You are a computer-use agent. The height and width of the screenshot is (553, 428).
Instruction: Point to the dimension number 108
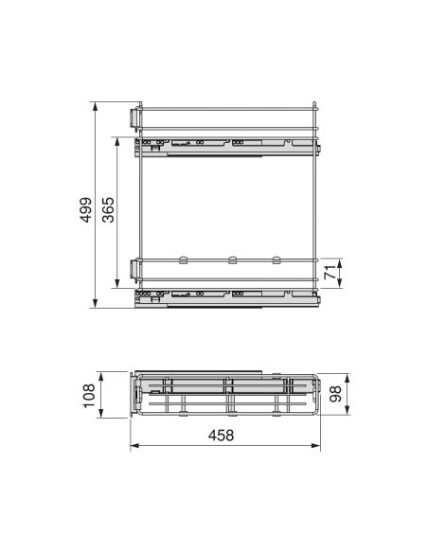coord(87,393)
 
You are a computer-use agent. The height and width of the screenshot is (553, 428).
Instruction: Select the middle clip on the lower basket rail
coord(231,258)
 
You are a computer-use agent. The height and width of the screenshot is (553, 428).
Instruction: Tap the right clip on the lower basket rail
coord(276,258)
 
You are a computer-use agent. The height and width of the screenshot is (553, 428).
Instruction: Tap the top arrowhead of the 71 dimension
coord(339,259)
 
